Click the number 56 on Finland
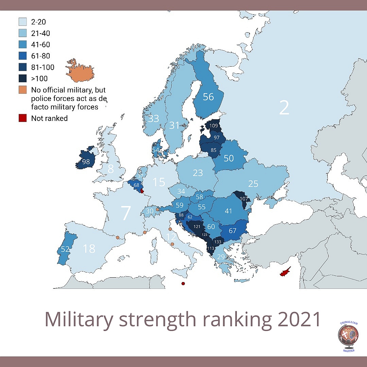(x=208, y=97)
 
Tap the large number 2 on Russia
(x=284, y=108)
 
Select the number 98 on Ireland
(x=86, y=162)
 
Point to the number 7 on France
(x=126, y=213)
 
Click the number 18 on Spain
(x=89, y=249)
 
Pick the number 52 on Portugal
(x=65, y=249)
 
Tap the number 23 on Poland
(x=198, y=173)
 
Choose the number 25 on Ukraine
(x=253, y=184)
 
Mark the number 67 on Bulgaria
(x=232, y=231)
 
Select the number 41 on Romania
(x=228, y=211)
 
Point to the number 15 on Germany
(x=159, y=182)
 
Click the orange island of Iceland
(x=81, y=71)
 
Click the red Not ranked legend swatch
(x=22, y=118)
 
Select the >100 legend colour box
(x=22, y=78)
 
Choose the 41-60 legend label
(x=40, y=45)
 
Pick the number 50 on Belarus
(x=229, y=158)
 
